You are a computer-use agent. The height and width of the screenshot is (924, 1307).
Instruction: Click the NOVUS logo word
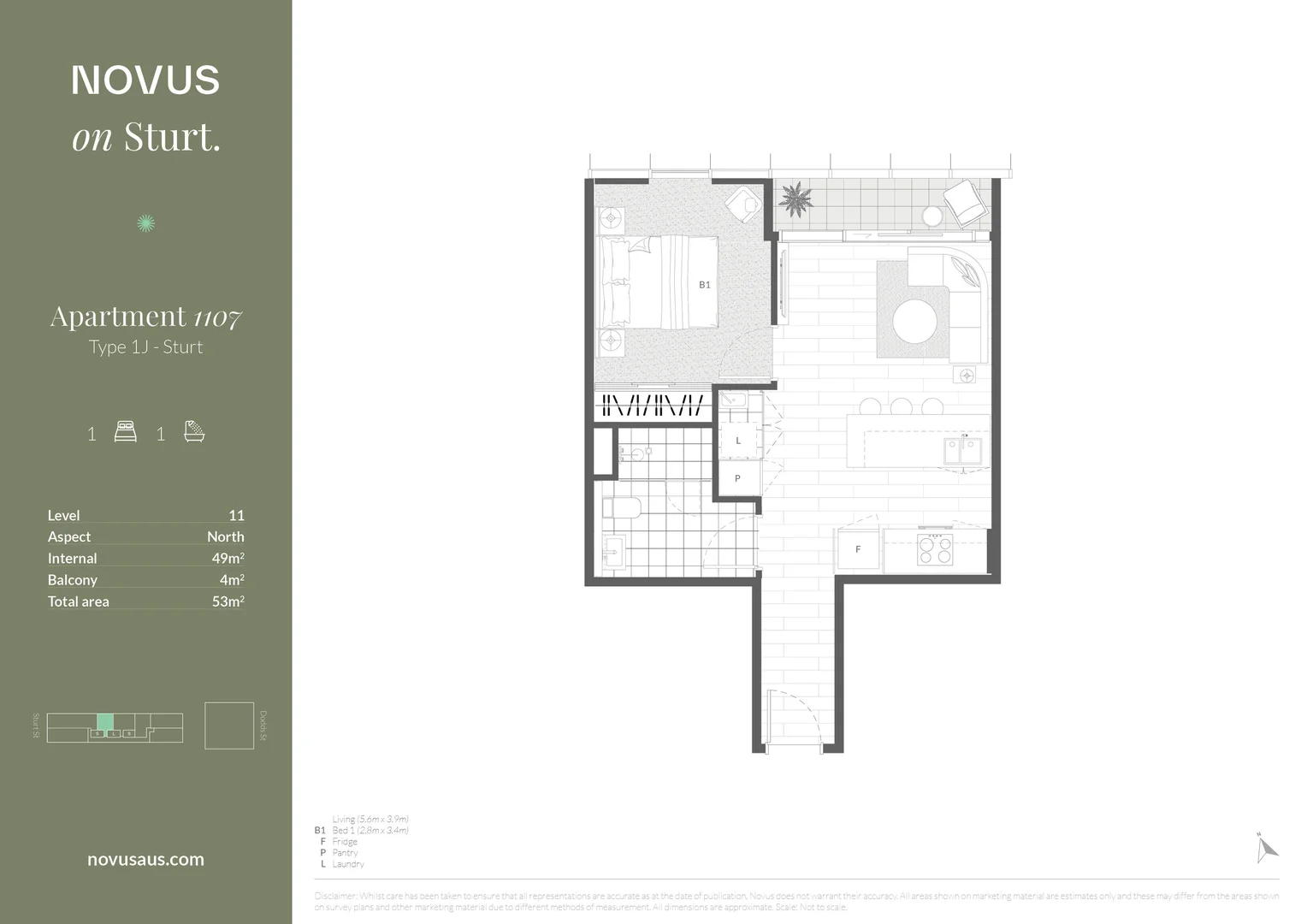click(145, 80)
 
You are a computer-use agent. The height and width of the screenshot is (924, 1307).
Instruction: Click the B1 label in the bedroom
click(704, 285)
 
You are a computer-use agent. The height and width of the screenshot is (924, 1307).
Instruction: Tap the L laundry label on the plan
click(738, 441)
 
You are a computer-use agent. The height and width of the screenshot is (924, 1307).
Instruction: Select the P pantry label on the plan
click(737, 478)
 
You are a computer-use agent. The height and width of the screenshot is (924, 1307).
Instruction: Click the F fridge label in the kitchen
click(858, 549)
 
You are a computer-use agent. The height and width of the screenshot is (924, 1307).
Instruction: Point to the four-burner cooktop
click(935, 549)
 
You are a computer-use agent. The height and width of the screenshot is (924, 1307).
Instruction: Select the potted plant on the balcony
click(796, 199)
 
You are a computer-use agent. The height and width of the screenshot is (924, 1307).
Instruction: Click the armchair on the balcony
click(965, 202)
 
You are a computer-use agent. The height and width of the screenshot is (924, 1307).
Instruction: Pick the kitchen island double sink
click(963, 450)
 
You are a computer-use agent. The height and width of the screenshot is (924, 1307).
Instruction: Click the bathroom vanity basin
click(613, 552)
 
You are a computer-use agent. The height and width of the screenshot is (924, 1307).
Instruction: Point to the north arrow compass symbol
click(1266, 848)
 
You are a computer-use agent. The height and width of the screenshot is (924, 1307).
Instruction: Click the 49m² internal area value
click(228, 558)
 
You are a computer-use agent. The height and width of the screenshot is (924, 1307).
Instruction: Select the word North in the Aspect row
click(225, 536)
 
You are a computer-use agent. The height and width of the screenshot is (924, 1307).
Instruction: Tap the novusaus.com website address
click(145, 860)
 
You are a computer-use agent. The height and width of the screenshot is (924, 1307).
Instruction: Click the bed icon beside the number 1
click(126, 432)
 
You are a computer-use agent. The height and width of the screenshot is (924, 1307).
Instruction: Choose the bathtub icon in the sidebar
click(194, 432)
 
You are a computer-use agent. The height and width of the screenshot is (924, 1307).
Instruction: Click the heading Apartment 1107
click(145, 317)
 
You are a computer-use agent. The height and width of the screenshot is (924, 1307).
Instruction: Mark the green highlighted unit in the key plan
click(104, 721)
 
